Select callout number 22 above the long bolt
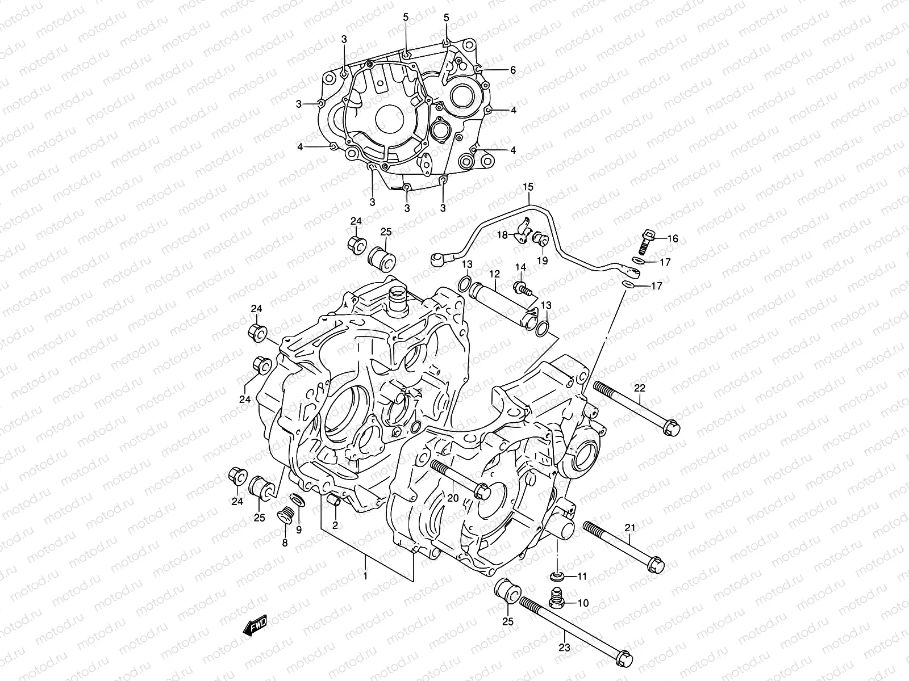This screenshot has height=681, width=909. coord(640,388)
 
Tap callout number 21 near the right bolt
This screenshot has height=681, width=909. coord(629,528)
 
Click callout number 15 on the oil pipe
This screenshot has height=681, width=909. coord(528,187)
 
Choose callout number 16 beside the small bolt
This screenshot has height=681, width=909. coord(672,239)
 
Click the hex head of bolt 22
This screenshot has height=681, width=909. coord(670,426)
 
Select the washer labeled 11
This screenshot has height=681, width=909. coord(557,577)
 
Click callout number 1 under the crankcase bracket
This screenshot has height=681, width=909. coord(365,576)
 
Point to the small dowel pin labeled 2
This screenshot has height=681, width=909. coord(335,501)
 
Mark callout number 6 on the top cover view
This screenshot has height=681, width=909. coord(512,70)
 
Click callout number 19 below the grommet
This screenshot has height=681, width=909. coord(542,260)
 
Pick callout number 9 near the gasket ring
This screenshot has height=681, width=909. coord(299,531)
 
